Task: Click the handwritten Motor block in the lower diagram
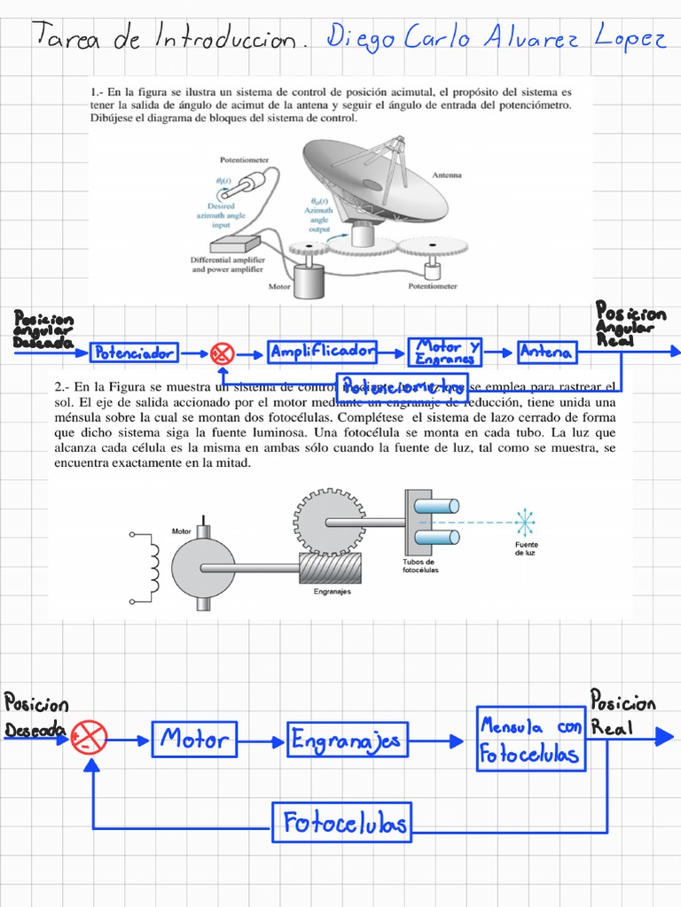pos(195,739)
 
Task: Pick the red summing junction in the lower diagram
pos(90,734)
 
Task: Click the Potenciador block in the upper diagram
pos(135,353)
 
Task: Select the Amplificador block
pos(323,352)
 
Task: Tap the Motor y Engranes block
pos(446,352)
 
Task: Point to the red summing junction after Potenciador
pos(222,354)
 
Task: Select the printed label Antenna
pos(447,175)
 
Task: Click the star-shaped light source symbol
pos(526,523)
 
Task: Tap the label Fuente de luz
pos(527,548)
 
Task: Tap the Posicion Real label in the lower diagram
pos(622,714)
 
